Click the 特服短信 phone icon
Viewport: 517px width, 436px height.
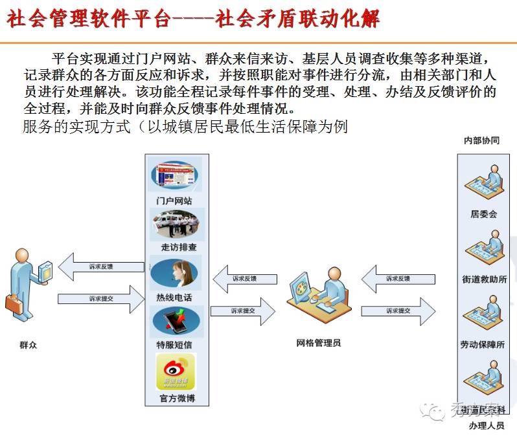pyautogui.click(x=176, y=321)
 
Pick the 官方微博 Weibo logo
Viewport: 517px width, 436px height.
pyautogui.click(x=176, y=371)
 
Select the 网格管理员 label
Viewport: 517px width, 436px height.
pyautogui.click(x=319, y=343)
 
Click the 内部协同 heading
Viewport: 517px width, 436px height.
pyautogui.click(x=481, y=140)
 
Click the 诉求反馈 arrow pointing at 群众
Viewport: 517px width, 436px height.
pyautogui.click(x=100, y=267)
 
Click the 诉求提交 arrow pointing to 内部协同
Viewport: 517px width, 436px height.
pyautogui.click(x=398, y=311)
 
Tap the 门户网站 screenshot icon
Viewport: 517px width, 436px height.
pyautogui.click(x=175, y=175)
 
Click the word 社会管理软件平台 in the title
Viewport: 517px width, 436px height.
pyautogui.click(x=88, y=19)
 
